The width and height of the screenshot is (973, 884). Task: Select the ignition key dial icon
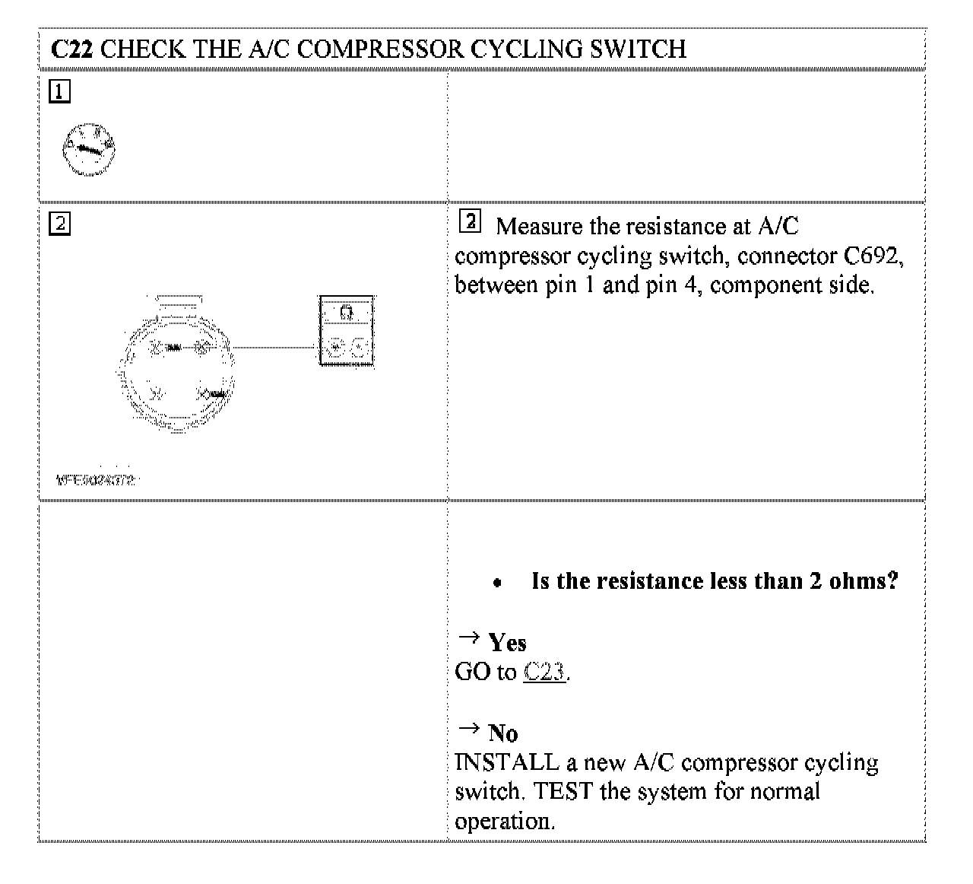[89, 148]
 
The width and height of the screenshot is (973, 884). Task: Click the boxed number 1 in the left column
[59, 92]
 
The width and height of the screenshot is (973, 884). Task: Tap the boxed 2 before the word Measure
[471, 222]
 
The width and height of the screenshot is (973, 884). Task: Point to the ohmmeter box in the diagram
[347, 330]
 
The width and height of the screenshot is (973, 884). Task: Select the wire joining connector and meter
[274, 348]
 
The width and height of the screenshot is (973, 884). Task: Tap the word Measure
[541, 227]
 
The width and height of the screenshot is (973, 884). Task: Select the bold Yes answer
[507, 643]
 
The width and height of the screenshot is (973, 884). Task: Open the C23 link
[544, 673]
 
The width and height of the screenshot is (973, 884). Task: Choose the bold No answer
[502, 733]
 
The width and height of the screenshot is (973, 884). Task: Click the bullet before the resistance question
[496, 584]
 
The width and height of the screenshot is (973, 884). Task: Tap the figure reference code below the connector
[96, 480]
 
